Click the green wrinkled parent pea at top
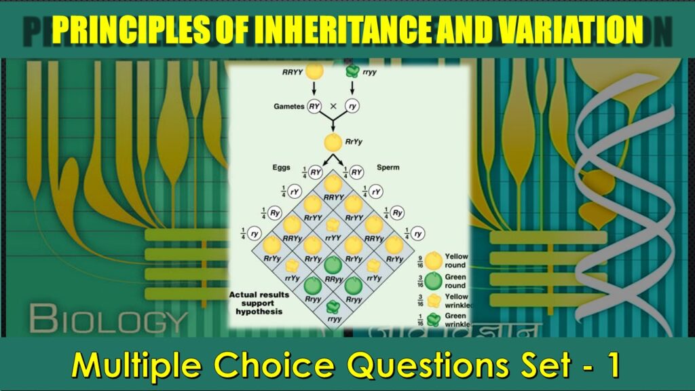(x=352, y=70)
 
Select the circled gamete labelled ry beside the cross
(x=352, y=106)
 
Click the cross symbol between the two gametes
(x=333, y=106)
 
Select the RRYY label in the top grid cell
(x=333, y=198)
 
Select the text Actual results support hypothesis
(x=259, y=303)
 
